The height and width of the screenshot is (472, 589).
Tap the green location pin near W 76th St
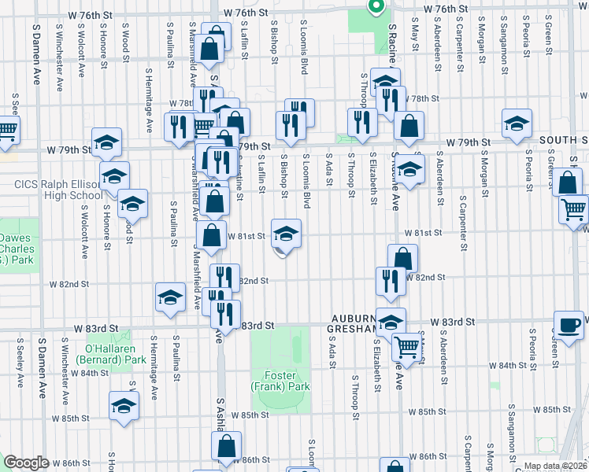pyautogui.click(x=376, y=7)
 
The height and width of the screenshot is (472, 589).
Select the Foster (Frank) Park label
pyautogui.click(x=280, y=381)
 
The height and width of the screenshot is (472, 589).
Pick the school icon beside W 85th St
pyautogui.click(x=124, y=405)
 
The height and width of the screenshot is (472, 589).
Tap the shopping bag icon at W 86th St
pyautogui.click(x=226, y=447)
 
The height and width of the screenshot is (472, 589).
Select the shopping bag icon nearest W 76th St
pyautogui.click(x=210, y=49)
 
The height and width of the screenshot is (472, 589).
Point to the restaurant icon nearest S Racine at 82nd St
pyautogui.click(x=391, y=280)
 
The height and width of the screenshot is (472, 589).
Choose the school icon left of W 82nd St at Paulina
pyautogui.click(x=170, y=297)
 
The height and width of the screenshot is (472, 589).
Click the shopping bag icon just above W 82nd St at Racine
pyautogui.click(x=402, y=258)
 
